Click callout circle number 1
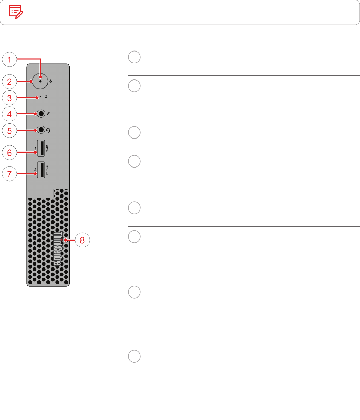[10, 60]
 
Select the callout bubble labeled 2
[10, 82]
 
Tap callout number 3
[10, 98]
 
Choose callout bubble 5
[10, 130]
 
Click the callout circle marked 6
[10, 153]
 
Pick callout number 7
[10, 174]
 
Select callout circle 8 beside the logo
[82, 240]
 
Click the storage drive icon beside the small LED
[47, 97]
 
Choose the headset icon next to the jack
[48, 130]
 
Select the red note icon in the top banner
[16, 12]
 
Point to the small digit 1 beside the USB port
[35, 148]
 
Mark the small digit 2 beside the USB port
[35, 169]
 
